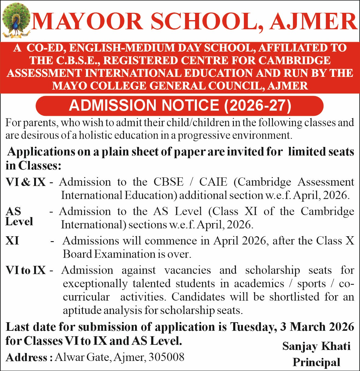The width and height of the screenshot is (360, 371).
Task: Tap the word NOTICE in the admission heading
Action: pos(191,105)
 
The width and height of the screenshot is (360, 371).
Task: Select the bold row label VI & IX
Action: pos(26,182)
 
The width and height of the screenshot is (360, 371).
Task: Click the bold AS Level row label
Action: pos(19,216)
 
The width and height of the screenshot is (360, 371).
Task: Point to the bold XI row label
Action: pos(12,241)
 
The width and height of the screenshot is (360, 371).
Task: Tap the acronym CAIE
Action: pos(213,182)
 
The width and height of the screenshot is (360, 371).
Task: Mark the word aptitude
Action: pos(82,310)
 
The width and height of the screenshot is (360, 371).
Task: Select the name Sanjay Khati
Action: pos(316,346)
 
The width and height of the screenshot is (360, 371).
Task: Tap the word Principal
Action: pos(316,362)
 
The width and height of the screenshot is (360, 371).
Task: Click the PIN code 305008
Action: pos(166,357)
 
